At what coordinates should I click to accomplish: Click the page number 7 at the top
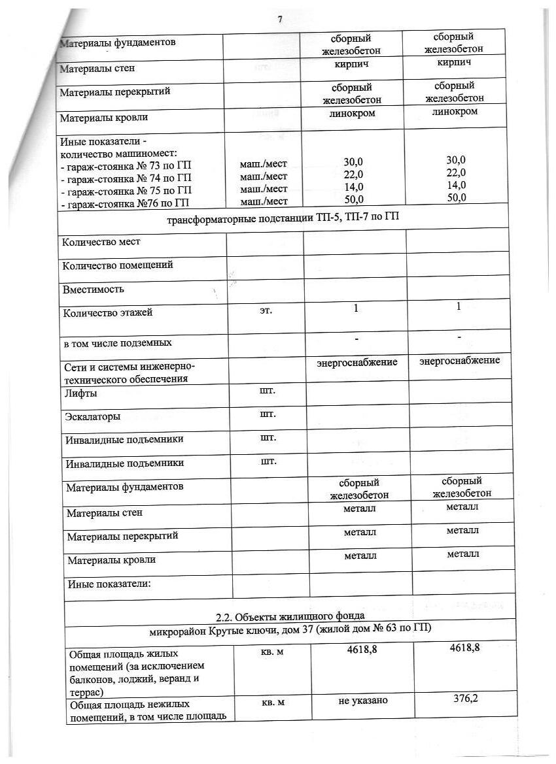[279, 20]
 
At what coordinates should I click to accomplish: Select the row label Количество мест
[101, 242]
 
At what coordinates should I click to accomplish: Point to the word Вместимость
[92, 289]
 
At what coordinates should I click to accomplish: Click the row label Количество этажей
[107, 312]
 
